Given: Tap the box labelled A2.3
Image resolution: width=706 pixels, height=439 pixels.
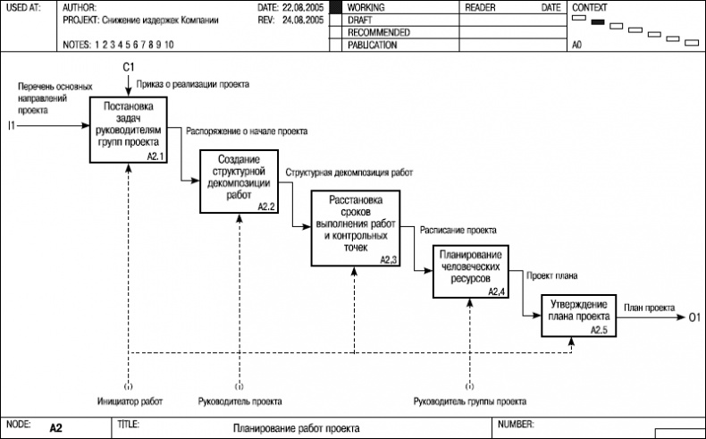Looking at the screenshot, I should (x=355, y=228).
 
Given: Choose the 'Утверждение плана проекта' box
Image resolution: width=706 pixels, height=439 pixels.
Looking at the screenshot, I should (x=578, y=315).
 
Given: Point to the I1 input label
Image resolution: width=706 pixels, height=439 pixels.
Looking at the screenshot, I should (x=12, y=124).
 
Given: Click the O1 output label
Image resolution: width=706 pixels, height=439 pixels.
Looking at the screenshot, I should (x=694, y=316).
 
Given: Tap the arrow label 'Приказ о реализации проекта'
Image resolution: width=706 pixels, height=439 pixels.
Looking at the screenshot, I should (x=192, y=84).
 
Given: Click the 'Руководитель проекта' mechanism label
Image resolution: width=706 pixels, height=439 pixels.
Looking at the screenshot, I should (x=239, y=401).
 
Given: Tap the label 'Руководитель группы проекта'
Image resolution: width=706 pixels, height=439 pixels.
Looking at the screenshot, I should (x=469, y=401).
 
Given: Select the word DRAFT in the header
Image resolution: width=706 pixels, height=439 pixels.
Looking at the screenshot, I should (x=360, y=19).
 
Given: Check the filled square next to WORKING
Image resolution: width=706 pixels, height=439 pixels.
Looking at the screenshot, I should (x=336, y=7).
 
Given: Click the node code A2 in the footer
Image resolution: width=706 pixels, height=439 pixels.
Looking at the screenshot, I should (x=56, y=428).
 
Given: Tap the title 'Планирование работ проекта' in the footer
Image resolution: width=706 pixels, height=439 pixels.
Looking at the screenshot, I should (x=296, y=428).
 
